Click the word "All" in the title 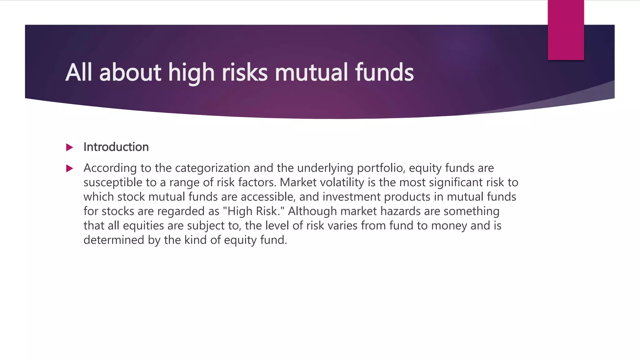click(78, 72)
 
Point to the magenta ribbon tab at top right click(566, 30)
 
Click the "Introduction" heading click(116, 147)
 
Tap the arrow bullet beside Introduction click(70, 147)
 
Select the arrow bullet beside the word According click(70, 169)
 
